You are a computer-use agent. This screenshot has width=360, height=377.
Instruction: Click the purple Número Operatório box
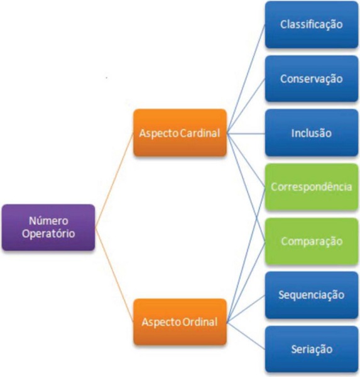tap(48, 227)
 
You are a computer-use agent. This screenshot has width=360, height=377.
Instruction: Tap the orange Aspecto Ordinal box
tap(179, 322)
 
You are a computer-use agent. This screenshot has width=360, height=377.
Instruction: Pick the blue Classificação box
tap(311, 25)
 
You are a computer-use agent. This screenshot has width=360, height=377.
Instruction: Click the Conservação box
tap(311, 79)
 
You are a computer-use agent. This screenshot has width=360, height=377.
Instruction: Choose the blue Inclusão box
tap(311, 133)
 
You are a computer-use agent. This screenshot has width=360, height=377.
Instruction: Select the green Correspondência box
tap(311, 187)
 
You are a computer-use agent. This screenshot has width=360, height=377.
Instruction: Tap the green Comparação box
tap(311, 241)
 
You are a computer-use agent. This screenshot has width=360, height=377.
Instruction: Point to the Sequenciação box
tap(311, 294)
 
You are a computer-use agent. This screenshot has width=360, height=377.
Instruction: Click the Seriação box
tap(311, 349)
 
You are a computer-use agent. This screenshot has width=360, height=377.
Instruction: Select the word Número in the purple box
tap(48, 221)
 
